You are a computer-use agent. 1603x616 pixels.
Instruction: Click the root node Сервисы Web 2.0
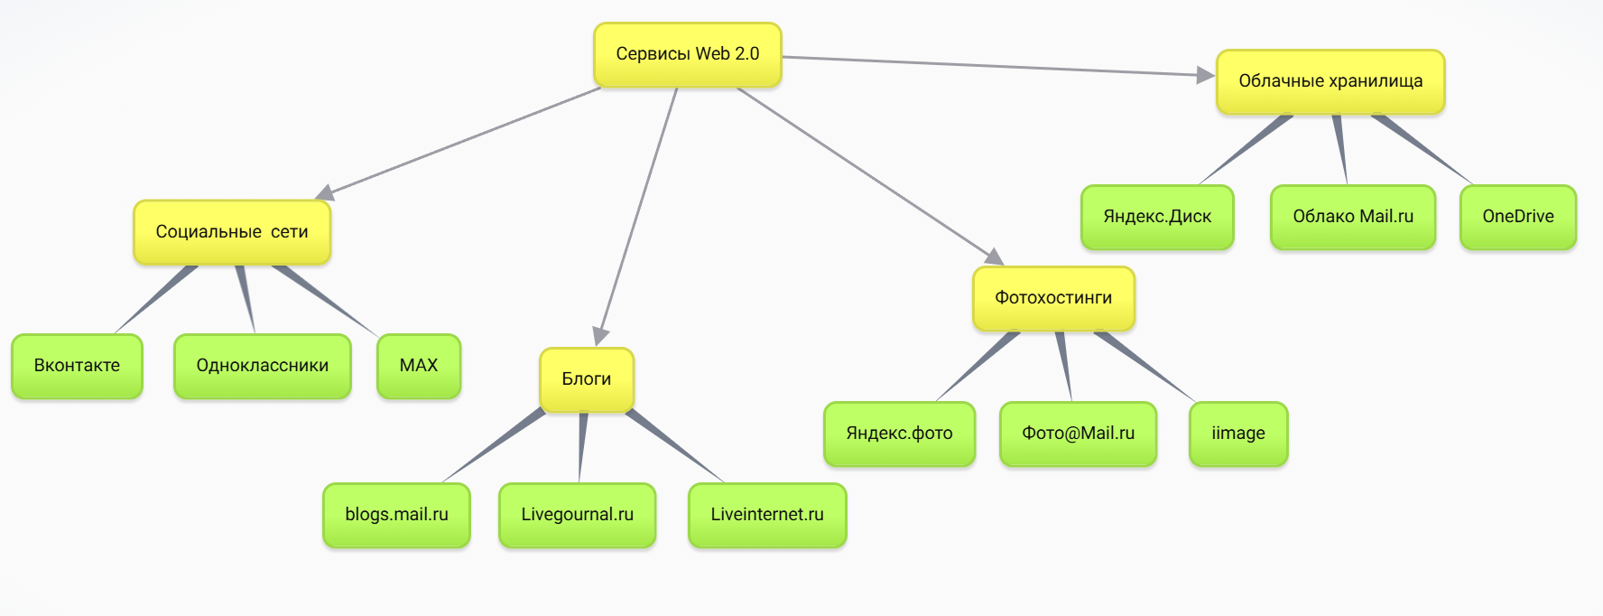coord(687,54)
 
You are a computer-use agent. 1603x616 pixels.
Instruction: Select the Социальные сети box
coord(232,232)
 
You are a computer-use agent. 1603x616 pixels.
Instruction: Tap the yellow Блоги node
coord(587,379)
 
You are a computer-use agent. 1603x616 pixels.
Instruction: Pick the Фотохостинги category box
coord(1053,298)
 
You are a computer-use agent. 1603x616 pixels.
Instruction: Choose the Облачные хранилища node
coord(1330,81)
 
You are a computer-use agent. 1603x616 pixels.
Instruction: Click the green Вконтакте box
coord(77,366)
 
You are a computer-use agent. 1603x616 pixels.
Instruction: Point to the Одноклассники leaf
coord(262,366)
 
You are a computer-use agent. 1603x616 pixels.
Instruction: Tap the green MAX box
coord(419,366)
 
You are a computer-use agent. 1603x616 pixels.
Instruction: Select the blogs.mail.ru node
coord(396,515)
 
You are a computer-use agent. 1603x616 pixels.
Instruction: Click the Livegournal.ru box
coord(577,515)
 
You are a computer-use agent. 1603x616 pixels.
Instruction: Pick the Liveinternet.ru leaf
coord(767,515)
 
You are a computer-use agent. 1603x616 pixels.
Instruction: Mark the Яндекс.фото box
coord(899,434)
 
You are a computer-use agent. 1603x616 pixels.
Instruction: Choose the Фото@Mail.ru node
coord(1078,434)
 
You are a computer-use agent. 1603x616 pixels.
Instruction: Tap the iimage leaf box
coord(1238,434)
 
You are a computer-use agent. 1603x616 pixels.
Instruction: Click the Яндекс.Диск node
coord(1157,217)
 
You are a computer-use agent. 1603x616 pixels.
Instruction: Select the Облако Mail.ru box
coord(1353,217)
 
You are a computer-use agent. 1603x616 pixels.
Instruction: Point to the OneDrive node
coord(1518,217)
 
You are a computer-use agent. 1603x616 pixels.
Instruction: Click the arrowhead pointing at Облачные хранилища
coord(1205,75)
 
